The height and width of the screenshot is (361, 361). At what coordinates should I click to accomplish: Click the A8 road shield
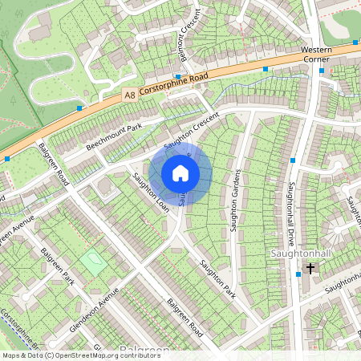129,95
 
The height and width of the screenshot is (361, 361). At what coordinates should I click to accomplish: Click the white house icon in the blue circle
180,173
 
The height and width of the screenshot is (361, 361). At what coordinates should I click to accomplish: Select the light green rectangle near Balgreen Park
93,263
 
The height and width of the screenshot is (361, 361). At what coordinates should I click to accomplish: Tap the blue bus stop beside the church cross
298,274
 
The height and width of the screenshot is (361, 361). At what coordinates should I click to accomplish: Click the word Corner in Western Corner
316,59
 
